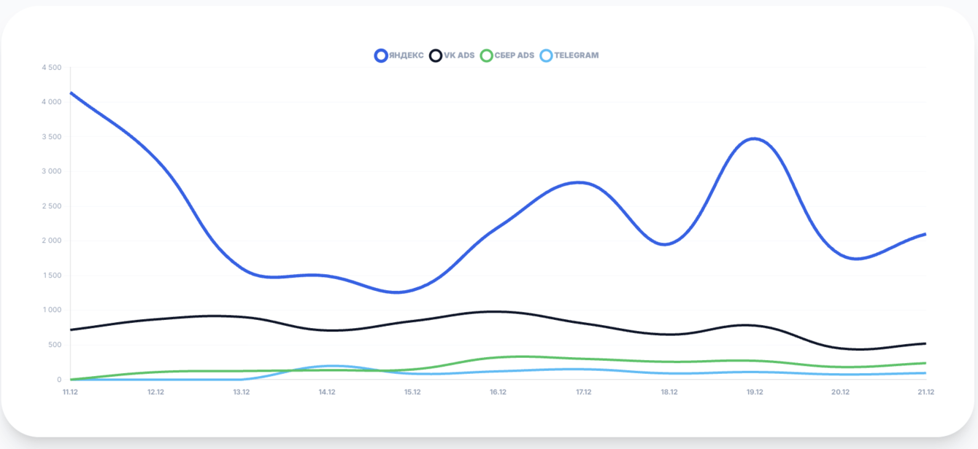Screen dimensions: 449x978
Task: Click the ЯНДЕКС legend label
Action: pyautogui.click(x=406, y=55)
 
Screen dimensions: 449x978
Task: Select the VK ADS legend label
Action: pyautogui.click(x=459, y=55)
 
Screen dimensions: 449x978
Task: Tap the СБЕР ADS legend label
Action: pyautogui.click(x=515, y=55)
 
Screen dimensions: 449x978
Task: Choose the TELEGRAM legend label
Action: pyautogui.click(x=576, y=55)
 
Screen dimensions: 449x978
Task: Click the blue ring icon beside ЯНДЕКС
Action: pyautogui.click(x=381, y=55)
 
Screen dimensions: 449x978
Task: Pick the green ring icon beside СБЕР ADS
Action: pyautogui.click(x=486, y=55)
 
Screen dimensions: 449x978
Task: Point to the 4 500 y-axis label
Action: pyautogui.click(x=52, y=68)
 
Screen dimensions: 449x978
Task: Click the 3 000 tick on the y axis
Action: pyautogui.click(x=52, y=171)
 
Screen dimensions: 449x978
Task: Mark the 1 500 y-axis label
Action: pyautogui.click(x=52, y=276)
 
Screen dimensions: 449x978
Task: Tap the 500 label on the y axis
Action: pyautogui.click(x=55, y=345)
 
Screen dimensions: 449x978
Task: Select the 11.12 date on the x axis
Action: pyautogui.click(x=70, y=392)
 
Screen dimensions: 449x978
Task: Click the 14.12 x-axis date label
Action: pyautogui.click(x=327, y=392)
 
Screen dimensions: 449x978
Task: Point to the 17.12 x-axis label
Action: pyautogui.click(x=584, y=392)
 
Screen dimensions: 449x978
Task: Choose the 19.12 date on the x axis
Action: pyautogui.click(x=755, y=392)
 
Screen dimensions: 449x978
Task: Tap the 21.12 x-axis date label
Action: pyautogui.click(x=925, y=392)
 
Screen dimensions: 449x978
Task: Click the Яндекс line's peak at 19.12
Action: pyautogui.click(x=755, y=138)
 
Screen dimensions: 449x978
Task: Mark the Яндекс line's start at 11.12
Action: pyautogui.click(x=71, y=93)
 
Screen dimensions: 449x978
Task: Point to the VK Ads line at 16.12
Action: pyautogui.click(x=498, y=311)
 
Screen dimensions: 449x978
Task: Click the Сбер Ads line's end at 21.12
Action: pyautogui.click(x=925, y=363)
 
